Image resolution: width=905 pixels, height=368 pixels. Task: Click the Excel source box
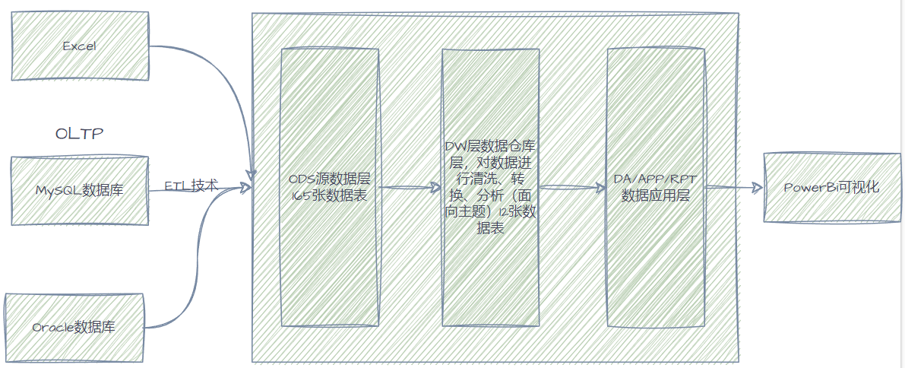pos(80,46)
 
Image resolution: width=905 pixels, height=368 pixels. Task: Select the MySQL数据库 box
pos(80,190)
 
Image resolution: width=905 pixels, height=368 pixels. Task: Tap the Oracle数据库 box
pos(74,327)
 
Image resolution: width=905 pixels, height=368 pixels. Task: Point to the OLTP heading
pos(79,134)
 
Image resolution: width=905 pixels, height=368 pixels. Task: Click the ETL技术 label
pos(191,186)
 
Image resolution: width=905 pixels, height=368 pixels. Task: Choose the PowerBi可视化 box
pos(831,187)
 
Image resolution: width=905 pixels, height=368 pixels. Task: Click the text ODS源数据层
pos(329,179)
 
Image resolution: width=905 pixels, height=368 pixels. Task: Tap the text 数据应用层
pos(655,195)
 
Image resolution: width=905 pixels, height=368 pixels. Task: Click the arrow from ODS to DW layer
pos(410,187)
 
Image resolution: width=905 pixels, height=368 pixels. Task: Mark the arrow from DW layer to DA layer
pos(573,187)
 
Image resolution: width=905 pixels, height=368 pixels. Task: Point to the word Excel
pos(79,46)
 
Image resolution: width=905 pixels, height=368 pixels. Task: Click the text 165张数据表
pos(329,195)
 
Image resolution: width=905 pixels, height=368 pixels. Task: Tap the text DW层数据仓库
pos(491,144)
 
